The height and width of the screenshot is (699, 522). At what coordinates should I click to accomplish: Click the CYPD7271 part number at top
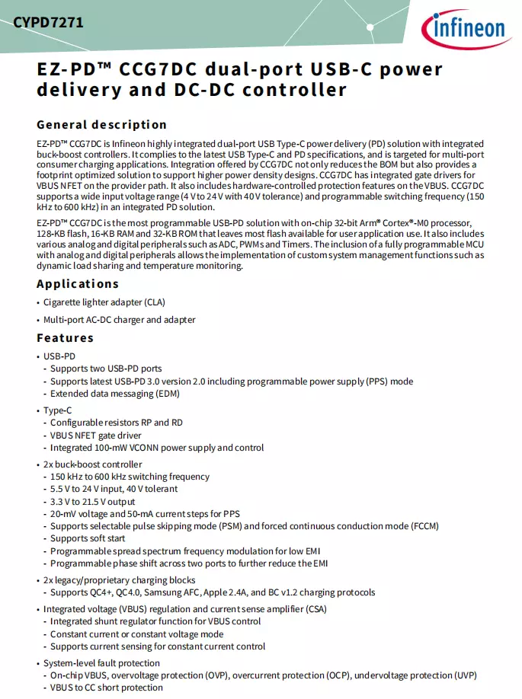point(47,23)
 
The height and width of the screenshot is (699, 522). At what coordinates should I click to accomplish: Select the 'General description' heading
point(101,124)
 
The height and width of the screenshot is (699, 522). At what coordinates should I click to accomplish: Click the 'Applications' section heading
point(78,283)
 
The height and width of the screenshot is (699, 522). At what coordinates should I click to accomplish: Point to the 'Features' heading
point(65,337)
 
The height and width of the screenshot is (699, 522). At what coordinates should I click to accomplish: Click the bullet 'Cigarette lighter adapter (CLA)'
point(104,302)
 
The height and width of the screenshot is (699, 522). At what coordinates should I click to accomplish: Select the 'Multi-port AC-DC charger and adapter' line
point(119,320)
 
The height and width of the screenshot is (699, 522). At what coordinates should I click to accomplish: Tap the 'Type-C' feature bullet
point(58,410)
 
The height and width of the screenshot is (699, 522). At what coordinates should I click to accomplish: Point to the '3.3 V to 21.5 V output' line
point(92,501)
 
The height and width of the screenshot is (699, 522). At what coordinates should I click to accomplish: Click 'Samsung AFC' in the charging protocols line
point(205,592)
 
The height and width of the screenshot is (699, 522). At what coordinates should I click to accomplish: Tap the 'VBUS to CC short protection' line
point(107,688)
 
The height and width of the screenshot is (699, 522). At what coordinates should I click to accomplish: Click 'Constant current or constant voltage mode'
point(136,634)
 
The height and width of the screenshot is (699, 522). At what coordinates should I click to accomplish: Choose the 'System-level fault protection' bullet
point(101,663)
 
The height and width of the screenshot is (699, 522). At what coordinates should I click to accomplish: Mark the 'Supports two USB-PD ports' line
point(106,369)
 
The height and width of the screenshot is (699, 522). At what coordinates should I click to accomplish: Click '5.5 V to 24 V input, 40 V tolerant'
point(114,489)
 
